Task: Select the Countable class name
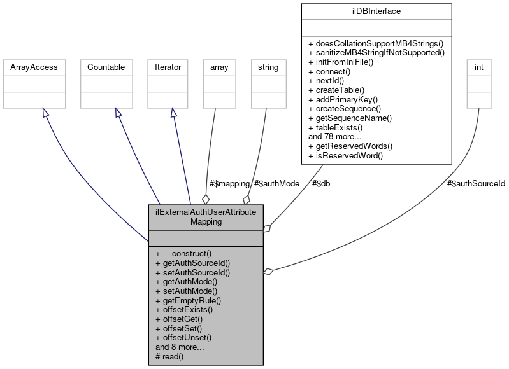tap(106, 67)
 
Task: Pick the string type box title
tap(268, 67)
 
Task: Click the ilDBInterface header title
tap(378, 11)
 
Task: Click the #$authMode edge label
tap(276, 183)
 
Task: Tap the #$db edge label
tap(320, 183)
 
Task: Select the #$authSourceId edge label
tap(476, 183)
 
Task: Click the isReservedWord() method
tap(345, 155)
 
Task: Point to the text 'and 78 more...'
tap(335, 136)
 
